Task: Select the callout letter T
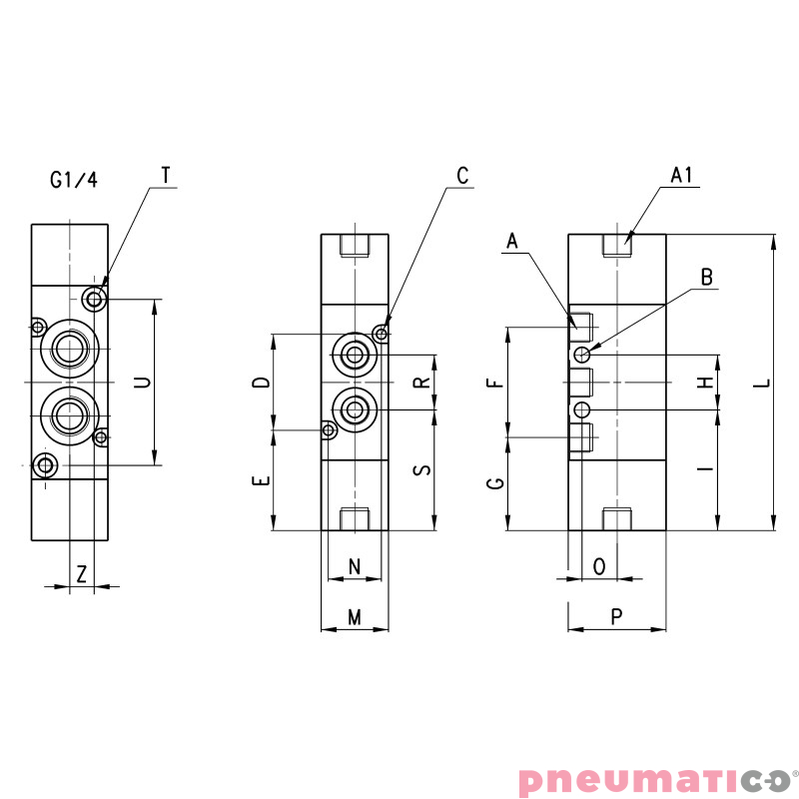(x=166, y=175)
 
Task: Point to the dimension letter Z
(x=82, y=573)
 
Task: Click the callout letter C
(x=462, y=176)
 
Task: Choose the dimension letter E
(x=260, y=480)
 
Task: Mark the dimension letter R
(x=422, y=383)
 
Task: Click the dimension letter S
(x=422, y=469)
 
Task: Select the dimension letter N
(x=355, y=566)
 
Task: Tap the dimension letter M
(x=354, y=618)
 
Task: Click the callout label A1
(x=681, y=176)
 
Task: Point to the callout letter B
(x=707, y=279)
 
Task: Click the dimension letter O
(x=599, y=566)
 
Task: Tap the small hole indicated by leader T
(x=96, y=299)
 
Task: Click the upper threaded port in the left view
(x=69, y=349)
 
